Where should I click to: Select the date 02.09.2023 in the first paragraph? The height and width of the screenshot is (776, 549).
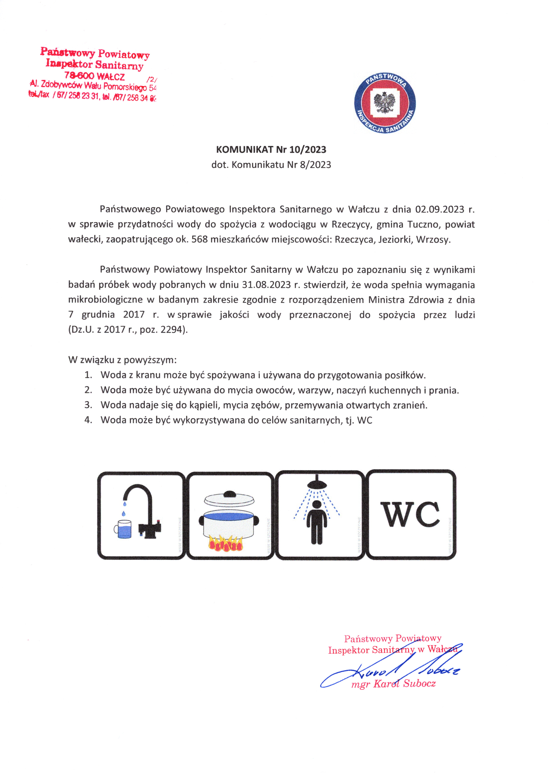point(439,210)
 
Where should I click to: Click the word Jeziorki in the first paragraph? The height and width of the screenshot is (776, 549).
point(395,240)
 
